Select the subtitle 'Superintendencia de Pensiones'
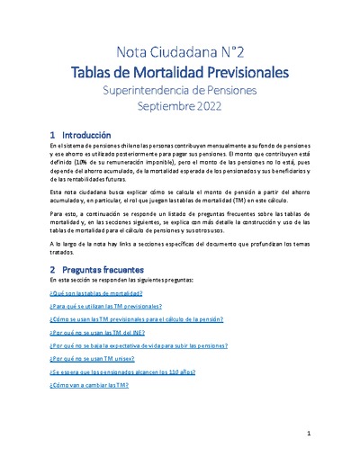180,90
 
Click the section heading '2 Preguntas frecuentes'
94,269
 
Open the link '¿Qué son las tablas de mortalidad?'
93,295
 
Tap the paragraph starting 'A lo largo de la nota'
180,247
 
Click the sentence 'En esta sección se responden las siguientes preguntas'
121,282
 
